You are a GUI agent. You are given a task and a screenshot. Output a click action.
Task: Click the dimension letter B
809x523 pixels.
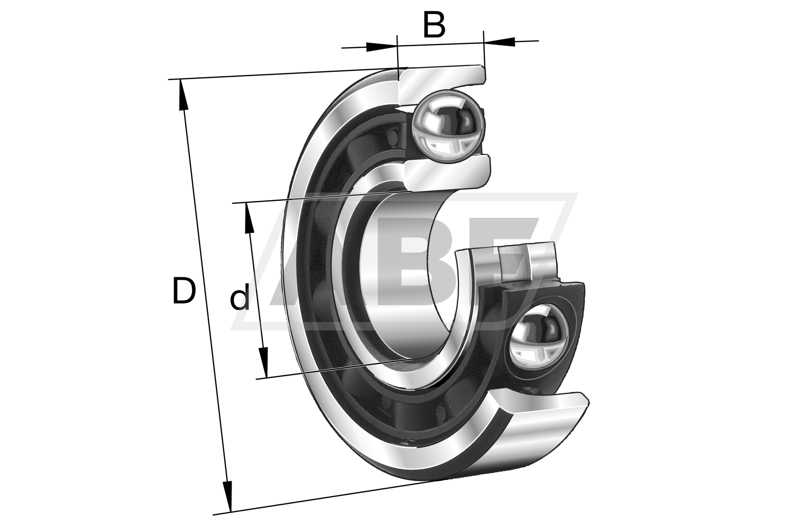pyautogui.click(x=434, y=25)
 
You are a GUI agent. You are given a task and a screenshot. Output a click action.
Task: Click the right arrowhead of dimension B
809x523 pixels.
pyautogui.click(x=499, y=41)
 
